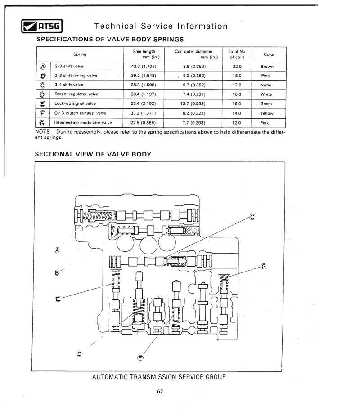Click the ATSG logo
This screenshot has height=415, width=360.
(x=42, y=26)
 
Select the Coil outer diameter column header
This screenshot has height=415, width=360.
(x=195, y=54)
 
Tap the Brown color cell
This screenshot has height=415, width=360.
(x=267, y=67)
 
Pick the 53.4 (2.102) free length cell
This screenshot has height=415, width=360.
(x=143, y=103)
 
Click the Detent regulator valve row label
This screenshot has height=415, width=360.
(x=76, y=94)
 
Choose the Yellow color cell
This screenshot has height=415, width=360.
(x=267, y=113)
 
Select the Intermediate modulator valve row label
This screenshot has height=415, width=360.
(x=83, y=123)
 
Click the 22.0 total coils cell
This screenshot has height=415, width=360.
(x=237, y=67)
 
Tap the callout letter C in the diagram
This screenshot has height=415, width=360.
(x=252, y=217)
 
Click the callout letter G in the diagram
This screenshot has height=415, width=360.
(x=264, y=266)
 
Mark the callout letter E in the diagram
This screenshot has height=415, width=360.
(x=58, y=299)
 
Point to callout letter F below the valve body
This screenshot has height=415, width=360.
(x=140, y=358)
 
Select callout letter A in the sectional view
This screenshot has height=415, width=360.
(x=57, y=250)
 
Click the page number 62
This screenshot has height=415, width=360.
(x=160, y=392)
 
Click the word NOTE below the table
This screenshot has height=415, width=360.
(x=43, y=132)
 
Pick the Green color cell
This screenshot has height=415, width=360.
(x=266, y=104)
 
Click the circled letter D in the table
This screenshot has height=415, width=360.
(x=42, y=94)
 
